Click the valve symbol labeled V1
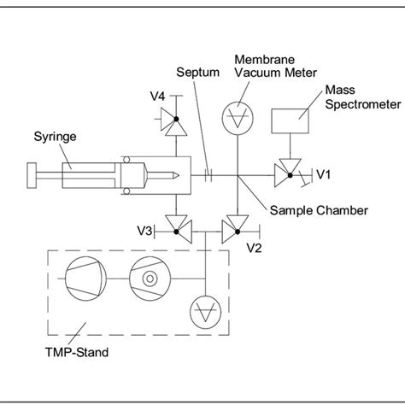285,174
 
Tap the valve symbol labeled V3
179,226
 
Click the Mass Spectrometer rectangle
291,120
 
